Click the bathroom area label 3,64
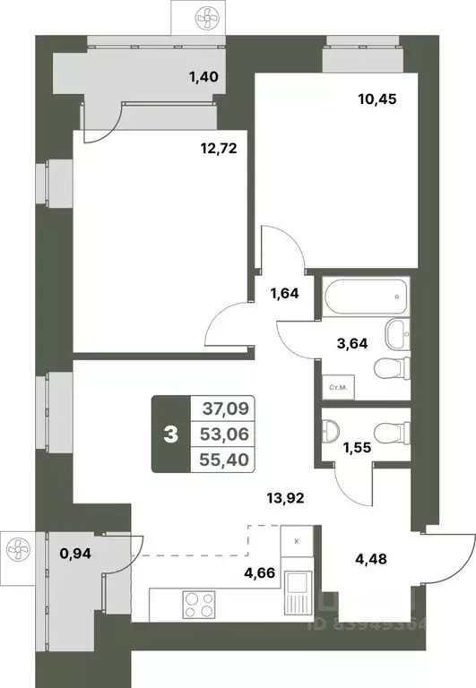pos(350,340)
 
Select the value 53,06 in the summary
pos(228,434)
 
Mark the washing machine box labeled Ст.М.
pos(339,387)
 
